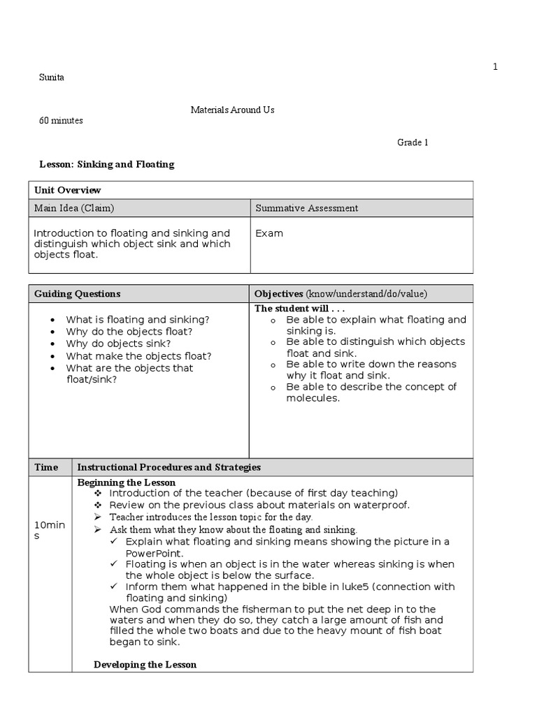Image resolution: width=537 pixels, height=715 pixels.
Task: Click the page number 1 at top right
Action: pyautogui.click(x=495, y=66)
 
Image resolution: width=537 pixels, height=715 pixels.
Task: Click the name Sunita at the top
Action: pyautogui.click(x=51, y=77)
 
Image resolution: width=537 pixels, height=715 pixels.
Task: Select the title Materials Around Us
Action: pyautogui.click(x=233, y=110)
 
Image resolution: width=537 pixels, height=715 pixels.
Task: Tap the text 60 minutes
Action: pyautogui.click(x=61, y=121)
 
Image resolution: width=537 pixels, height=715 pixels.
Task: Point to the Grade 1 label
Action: pyautogui.click(x=413, y=142)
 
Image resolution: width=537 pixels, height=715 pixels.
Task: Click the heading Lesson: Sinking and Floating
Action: pyautogui.click(x=106, y=165)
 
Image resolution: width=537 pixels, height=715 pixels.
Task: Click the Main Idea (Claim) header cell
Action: pyautogui.click(x=74, y=208)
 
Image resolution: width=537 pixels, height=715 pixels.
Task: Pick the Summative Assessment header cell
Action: pyautogui.click(x=306, y=208)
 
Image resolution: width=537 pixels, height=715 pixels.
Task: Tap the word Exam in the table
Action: pyautogui.click(x=269, y=233)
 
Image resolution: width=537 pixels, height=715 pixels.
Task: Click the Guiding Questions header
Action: pyautogui.click(x=77, y=294)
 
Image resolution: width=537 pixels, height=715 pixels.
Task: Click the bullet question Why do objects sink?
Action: pyautogui.click(x=118, y=344)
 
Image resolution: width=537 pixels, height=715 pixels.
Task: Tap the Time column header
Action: pyautogui.click(x=46, y=467)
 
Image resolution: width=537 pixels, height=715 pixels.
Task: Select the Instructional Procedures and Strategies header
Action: pyautogui.click(x=169, y=467)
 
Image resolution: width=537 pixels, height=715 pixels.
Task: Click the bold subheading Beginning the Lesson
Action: pyautogui.click(x=126, y=482)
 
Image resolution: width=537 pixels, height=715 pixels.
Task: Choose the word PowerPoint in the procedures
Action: pyautogui.click(x=154, y=552)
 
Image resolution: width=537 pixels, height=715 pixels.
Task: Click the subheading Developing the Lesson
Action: pyautogui.click(x=145, y=665)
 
